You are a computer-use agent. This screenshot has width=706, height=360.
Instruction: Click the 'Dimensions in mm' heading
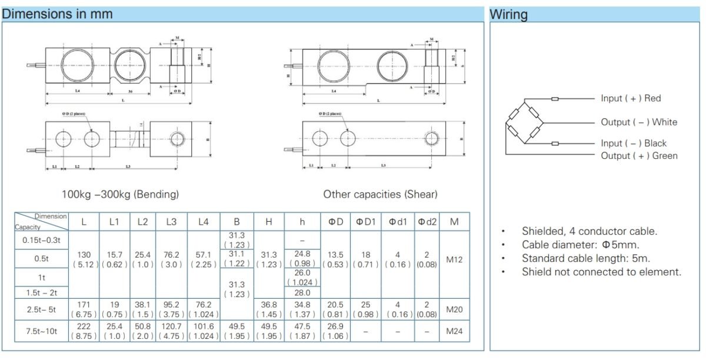[x=57, y=14]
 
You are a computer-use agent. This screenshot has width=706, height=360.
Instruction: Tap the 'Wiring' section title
[x=509, y=14]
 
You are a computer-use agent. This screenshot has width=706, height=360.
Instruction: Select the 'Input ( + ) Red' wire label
[x=631, y=98]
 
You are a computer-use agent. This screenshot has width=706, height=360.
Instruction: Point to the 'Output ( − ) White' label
[x=638, y=122]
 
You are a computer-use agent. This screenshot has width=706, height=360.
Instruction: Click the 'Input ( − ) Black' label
[x=634, y=143]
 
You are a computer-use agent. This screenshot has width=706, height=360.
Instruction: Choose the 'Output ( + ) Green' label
[x=639, y=156]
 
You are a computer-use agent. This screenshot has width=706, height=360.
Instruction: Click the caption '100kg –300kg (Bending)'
[x=120, y=194]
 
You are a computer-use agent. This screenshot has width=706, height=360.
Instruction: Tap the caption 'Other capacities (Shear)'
[x=380, y=194]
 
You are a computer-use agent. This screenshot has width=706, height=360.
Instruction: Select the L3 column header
[x=171, y=222]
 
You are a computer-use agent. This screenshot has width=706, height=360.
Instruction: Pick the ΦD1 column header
[x=365, y=222]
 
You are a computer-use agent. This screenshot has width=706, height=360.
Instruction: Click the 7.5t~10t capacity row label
[x=41, y=331]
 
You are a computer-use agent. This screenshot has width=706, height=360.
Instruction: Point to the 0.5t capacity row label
[x=41, y=259]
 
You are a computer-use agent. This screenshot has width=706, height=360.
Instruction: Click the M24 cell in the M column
[x=454, y=331]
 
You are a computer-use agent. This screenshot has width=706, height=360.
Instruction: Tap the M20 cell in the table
[x=454, y=309]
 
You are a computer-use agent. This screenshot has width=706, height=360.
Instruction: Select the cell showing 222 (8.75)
[x=84, y=331]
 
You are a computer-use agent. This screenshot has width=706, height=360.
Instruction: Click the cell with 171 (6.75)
[x=84, y=309]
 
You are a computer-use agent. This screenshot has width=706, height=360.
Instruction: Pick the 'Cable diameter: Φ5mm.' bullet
[x=580, y=245]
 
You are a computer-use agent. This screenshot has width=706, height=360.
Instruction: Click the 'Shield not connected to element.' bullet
[x=601, y=272]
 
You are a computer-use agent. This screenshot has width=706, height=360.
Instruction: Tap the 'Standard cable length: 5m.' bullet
[x=585, y=258]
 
